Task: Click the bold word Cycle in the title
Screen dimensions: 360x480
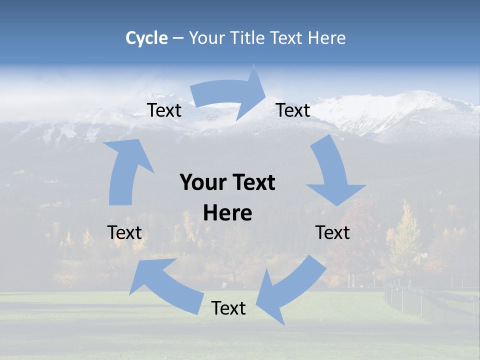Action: pos(146,38)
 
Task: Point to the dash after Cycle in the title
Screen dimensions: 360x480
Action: pos(178,38)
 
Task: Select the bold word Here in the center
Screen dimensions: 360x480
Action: pos(227,213)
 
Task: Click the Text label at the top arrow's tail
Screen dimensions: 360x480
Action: pos(164,110)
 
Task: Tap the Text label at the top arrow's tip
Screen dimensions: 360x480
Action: pos(293,110)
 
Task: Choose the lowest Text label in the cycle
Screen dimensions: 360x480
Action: pos(228,308)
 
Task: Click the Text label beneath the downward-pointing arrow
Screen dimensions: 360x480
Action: pos(332,232)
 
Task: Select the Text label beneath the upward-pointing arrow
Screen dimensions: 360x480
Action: pos(124,232)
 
